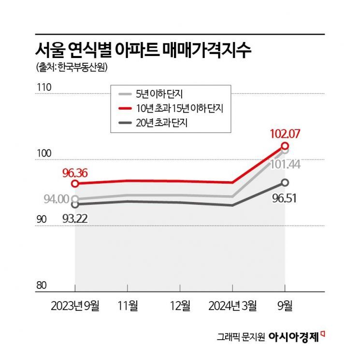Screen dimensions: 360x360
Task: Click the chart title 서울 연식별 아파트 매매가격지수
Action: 144,50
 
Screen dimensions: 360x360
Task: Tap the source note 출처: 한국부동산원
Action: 72,68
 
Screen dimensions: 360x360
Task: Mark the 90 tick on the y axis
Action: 43,219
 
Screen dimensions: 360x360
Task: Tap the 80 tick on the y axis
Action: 43,285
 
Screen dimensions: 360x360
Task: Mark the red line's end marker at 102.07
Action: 285,145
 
